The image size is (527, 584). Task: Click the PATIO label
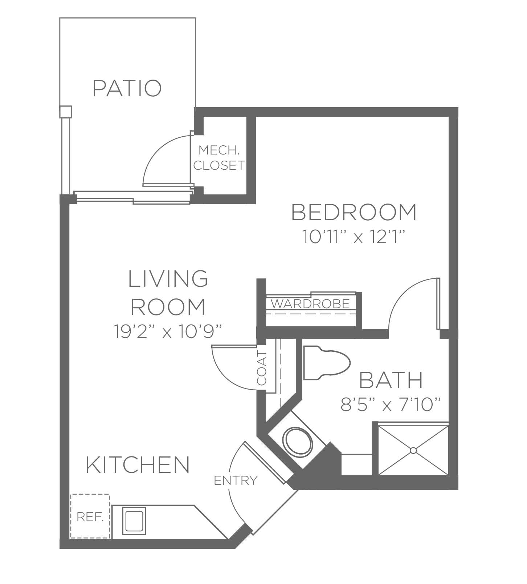coord(127,88)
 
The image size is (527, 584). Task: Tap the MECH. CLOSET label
coord(219,158)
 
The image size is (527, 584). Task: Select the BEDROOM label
coord(354,213)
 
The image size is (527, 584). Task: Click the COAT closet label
coord(262,368)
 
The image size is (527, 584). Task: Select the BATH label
coord(391,380)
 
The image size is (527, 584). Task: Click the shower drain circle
coord(413,451)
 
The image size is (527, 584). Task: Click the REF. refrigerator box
coord(90,516)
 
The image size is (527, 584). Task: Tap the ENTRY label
coord(236,480)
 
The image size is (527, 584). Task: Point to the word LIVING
coord(168,278)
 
